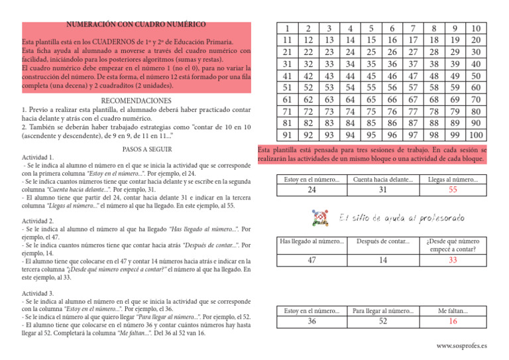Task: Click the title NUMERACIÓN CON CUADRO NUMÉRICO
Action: coord(136,25)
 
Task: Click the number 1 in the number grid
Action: coord(286,29)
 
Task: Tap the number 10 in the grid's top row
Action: coord(476,29)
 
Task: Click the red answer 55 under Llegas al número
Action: coord(453,191)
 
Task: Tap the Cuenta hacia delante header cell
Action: coord(382,179)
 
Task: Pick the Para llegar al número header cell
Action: coord(382,309)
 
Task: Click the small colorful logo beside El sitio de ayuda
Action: coord(320,216)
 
